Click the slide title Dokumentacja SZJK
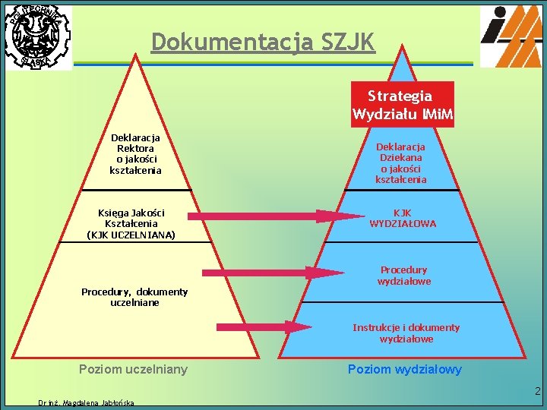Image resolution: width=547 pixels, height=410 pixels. point(263,43)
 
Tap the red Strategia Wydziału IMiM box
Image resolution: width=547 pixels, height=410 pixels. point(403,105)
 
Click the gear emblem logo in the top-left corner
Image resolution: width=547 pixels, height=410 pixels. point(36,36)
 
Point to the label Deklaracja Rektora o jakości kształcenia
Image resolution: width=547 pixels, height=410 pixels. point(135,154)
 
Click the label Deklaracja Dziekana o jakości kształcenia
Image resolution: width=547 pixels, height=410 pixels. point(401,162)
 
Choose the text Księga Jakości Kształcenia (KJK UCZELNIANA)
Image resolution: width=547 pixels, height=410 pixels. point(131,224)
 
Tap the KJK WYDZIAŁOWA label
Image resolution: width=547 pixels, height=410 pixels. point(403,219)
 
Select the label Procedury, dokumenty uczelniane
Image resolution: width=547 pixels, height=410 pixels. point(134,297)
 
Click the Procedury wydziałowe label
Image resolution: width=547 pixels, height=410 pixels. point(404,276)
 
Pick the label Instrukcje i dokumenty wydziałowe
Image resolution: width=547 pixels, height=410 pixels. point(406,333)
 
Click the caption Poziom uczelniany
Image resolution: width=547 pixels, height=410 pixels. point(134,370)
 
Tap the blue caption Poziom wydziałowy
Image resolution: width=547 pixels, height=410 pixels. point(404,370)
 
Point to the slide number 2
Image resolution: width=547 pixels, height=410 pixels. point(537,393)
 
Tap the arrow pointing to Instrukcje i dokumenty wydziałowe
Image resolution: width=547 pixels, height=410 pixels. point(263,327)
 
